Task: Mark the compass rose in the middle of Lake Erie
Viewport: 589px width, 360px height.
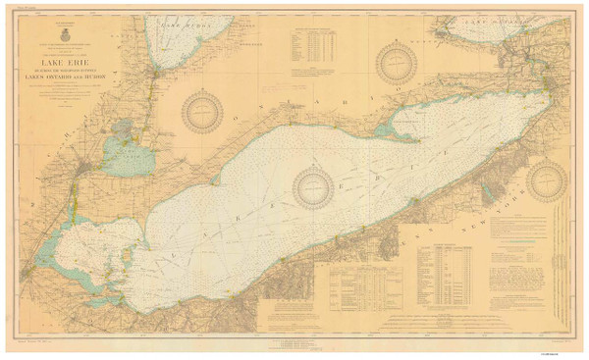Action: (313, 186)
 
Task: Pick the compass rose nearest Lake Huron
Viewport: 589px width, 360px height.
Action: (203, 110)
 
